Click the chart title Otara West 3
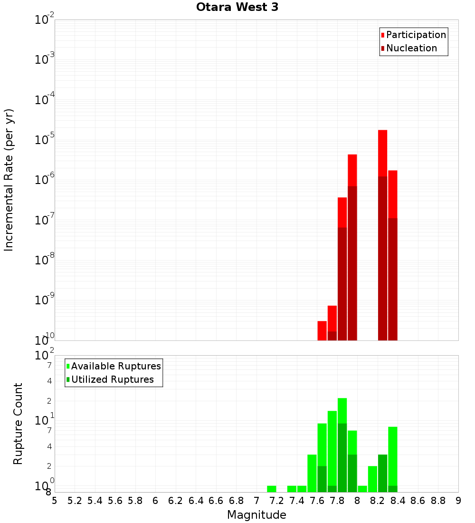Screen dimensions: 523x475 (237, 7)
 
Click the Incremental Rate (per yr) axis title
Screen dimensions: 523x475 (9, 180)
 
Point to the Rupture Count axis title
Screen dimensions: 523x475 (18, 424)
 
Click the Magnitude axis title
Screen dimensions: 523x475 (256, 515)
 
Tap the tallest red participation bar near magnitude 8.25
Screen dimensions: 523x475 (383, 152)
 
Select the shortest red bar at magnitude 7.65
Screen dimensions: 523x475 (322, 330)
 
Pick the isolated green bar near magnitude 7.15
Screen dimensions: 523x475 (272, 489)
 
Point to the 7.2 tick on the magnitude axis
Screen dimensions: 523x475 (276, 500)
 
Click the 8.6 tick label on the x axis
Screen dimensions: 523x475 (418, 500)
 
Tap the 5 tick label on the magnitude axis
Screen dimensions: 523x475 (55, 500)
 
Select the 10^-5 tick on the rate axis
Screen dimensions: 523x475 (45, 140)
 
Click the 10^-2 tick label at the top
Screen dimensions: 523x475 (45, 19)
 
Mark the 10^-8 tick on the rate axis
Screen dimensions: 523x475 (45, 260)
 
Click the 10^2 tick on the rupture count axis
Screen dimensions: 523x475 (45, 355)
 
